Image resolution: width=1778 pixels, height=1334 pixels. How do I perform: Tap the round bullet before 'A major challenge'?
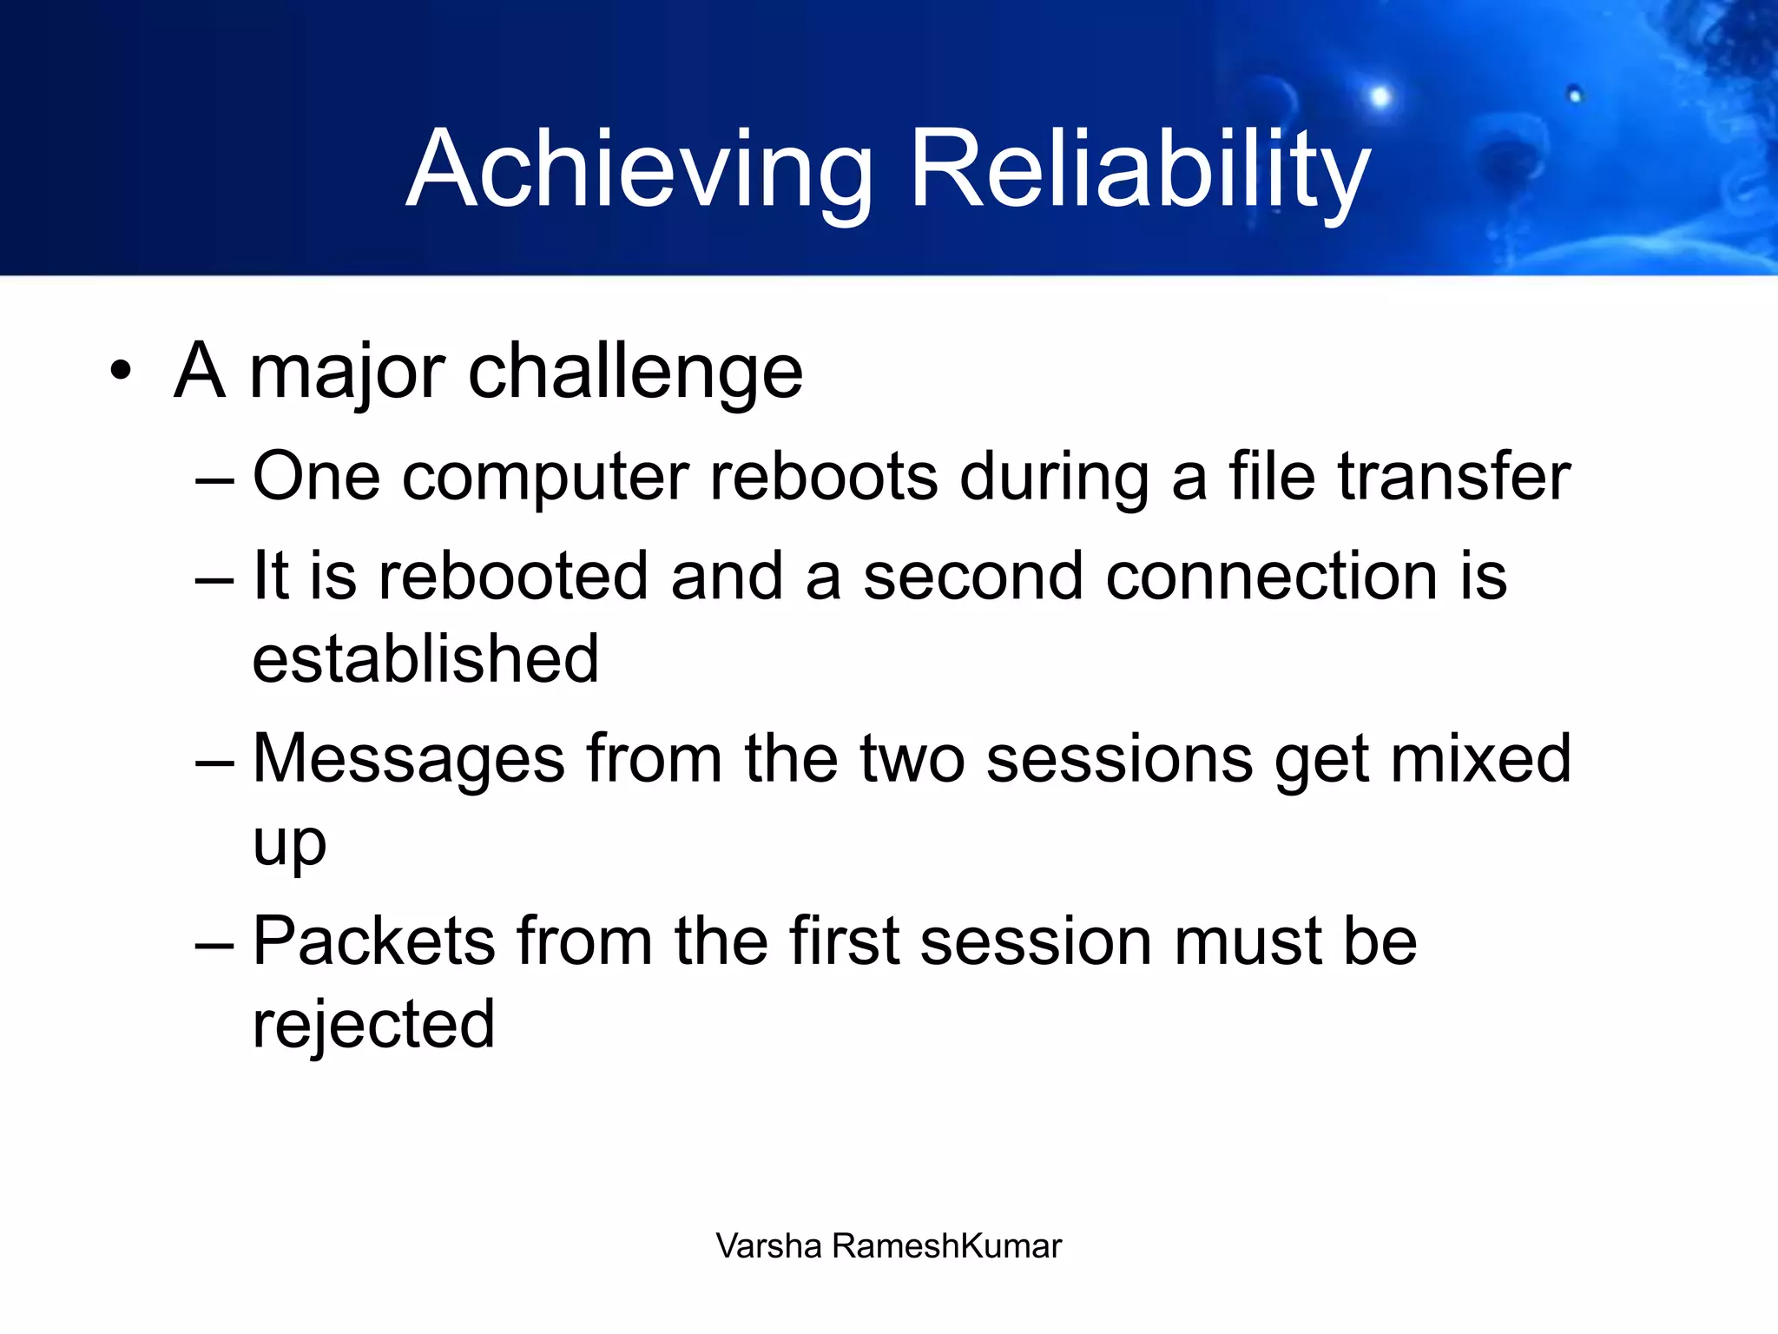click(x=122, y=372)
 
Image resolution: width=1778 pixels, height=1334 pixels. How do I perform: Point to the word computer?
click(x=545, y=478)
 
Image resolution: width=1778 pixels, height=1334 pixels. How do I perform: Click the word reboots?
click(x=823, y=478)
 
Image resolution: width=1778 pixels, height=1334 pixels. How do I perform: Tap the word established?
click(x=425, y=659)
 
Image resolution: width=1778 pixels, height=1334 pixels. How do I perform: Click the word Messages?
click(x=408, y=759)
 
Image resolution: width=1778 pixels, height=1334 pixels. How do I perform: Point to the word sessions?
click(x=1120, y=759)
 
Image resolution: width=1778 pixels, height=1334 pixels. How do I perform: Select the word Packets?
click(x=373, y=941)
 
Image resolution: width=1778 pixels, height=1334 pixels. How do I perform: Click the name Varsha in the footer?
click(x=768, y=1246)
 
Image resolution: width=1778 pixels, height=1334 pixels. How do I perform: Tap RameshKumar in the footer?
click(x=946, y=1246)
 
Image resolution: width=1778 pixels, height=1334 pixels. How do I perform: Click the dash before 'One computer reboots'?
click(x=214, y=479)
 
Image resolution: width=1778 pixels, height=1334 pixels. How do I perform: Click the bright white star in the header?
click(x=1380, y=96)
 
